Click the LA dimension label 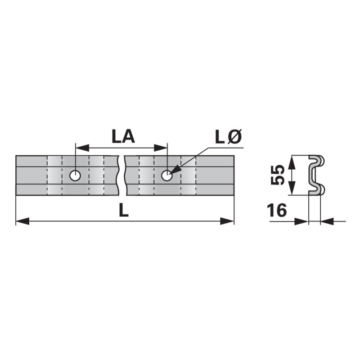point(123,137)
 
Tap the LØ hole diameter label point(229,137)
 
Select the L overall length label point(124,210)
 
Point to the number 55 point(278,175)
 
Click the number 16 point(277,210)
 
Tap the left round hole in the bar point(75,175)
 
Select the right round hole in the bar point(167,175)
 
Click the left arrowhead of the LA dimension point(82,148)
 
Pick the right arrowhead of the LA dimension point(161,148)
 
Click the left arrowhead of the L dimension point(22,221)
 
